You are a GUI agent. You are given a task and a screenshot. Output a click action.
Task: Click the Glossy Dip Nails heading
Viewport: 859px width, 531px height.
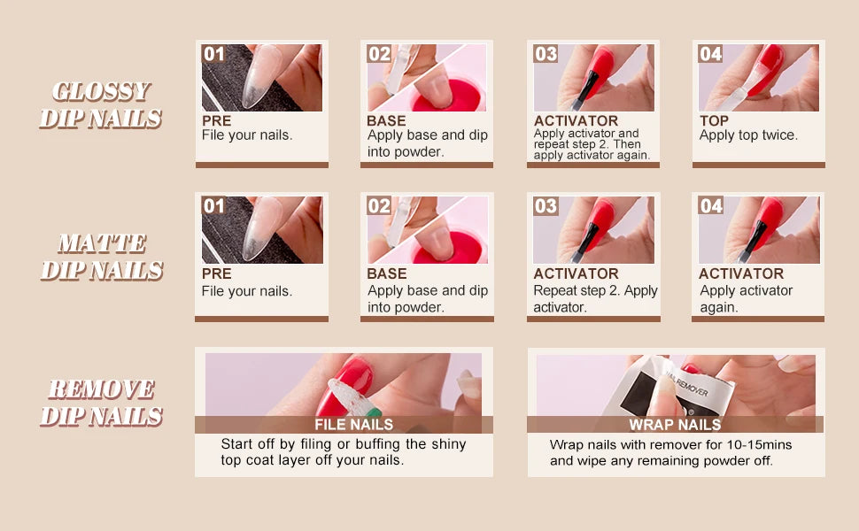101,105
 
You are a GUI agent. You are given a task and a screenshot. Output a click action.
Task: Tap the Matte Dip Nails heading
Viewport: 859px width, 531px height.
102,257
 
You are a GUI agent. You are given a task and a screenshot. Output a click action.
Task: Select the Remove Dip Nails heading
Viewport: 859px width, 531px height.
102,403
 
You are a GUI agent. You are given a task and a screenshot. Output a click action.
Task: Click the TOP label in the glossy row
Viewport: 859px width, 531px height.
714,120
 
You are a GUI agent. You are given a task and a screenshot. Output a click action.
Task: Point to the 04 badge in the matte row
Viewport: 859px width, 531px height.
710,206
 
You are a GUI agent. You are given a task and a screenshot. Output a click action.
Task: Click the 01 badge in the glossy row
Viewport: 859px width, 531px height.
213,54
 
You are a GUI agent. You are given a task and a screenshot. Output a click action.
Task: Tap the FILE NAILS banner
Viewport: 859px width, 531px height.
354,424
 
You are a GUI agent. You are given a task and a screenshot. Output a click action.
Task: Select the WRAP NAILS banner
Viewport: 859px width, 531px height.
675,424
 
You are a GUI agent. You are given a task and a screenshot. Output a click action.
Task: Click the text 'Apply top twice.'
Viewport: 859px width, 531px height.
748,135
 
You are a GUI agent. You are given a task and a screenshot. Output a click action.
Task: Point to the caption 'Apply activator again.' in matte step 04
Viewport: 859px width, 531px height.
747,298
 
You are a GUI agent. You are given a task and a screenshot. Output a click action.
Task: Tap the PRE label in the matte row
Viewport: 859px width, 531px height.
216,273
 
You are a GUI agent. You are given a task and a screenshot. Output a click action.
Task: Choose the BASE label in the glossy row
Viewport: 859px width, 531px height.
386,120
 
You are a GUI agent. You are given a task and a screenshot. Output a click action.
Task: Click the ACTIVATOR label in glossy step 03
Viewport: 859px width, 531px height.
576,120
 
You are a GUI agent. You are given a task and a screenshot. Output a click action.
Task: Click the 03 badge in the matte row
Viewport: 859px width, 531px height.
546,206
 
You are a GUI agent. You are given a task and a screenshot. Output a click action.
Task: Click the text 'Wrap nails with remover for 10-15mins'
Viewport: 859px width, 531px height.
670,444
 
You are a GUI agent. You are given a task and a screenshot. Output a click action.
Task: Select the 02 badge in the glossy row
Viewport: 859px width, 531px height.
379,54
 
